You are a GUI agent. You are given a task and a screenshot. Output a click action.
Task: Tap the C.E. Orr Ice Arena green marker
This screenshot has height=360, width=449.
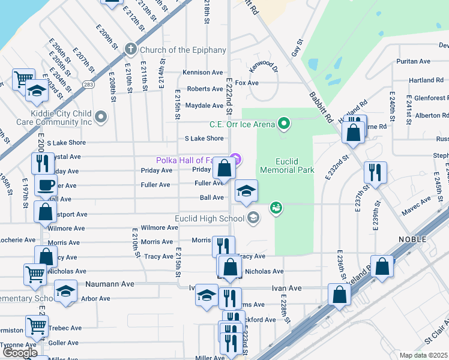coord(285,124)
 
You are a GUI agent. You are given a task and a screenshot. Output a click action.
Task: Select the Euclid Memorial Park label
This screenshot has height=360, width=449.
coord(286,166)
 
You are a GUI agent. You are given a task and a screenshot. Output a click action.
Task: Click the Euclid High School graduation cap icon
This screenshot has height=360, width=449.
coord(253,218)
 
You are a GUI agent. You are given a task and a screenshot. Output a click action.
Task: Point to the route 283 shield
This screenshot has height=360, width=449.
coord(88,85)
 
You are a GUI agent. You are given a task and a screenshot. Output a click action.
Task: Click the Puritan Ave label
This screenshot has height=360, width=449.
coord(414,61)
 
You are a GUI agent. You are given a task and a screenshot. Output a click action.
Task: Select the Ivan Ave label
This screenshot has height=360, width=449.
coord(286,288)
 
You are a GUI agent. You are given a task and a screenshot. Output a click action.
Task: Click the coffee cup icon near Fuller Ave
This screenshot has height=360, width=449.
coord(45,185)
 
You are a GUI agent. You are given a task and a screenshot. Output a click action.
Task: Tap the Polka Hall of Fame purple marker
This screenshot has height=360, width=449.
coord(237,159)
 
